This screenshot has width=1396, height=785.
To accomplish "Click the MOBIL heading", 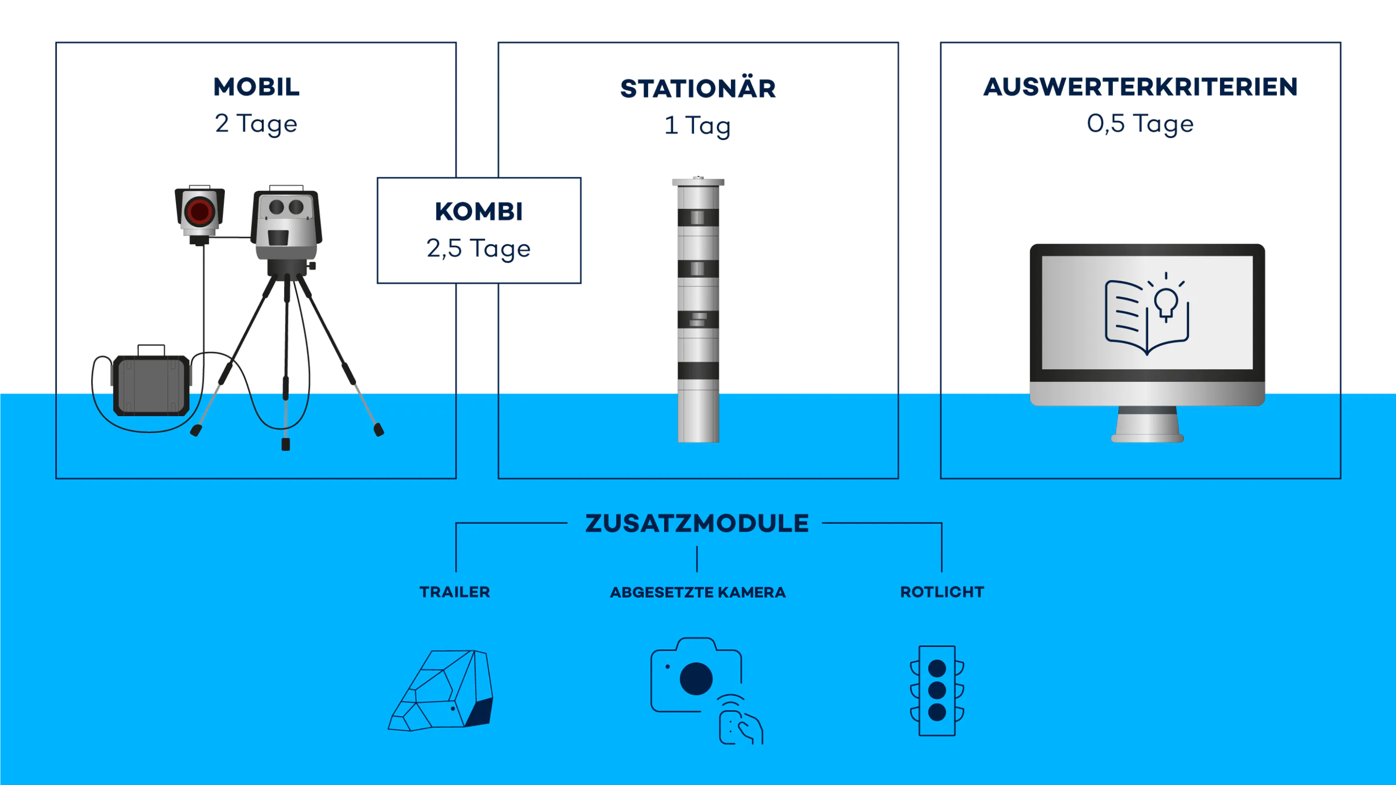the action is (x=256, y=87).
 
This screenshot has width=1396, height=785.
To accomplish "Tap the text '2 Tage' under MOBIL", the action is (x=256, y=124).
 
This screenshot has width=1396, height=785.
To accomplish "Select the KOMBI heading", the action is (x=479, y=211).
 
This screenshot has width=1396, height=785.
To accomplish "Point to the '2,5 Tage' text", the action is (x=478, y=249).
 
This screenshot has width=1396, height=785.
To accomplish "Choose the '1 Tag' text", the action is (x=698, y=126).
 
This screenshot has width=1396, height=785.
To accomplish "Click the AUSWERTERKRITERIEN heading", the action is (x=1141, y=87).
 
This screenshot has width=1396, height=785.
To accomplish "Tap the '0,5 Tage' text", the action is (x=1140, y=124).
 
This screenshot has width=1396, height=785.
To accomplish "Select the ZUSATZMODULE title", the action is (x=697, y=523).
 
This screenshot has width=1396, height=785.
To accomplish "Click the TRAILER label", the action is (x=455, y=592).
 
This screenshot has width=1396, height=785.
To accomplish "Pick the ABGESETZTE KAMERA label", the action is (x=698, y=592).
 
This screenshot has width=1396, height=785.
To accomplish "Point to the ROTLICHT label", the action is (x=942, y=592).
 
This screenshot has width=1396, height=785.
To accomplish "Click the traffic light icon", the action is (x=937, y=690).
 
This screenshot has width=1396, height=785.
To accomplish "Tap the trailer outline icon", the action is (x=441, y=690).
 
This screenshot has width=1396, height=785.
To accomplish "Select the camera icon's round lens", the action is (x=697, y=678).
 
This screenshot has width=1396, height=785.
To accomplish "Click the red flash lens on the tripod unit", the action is (x=199, y=211).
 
